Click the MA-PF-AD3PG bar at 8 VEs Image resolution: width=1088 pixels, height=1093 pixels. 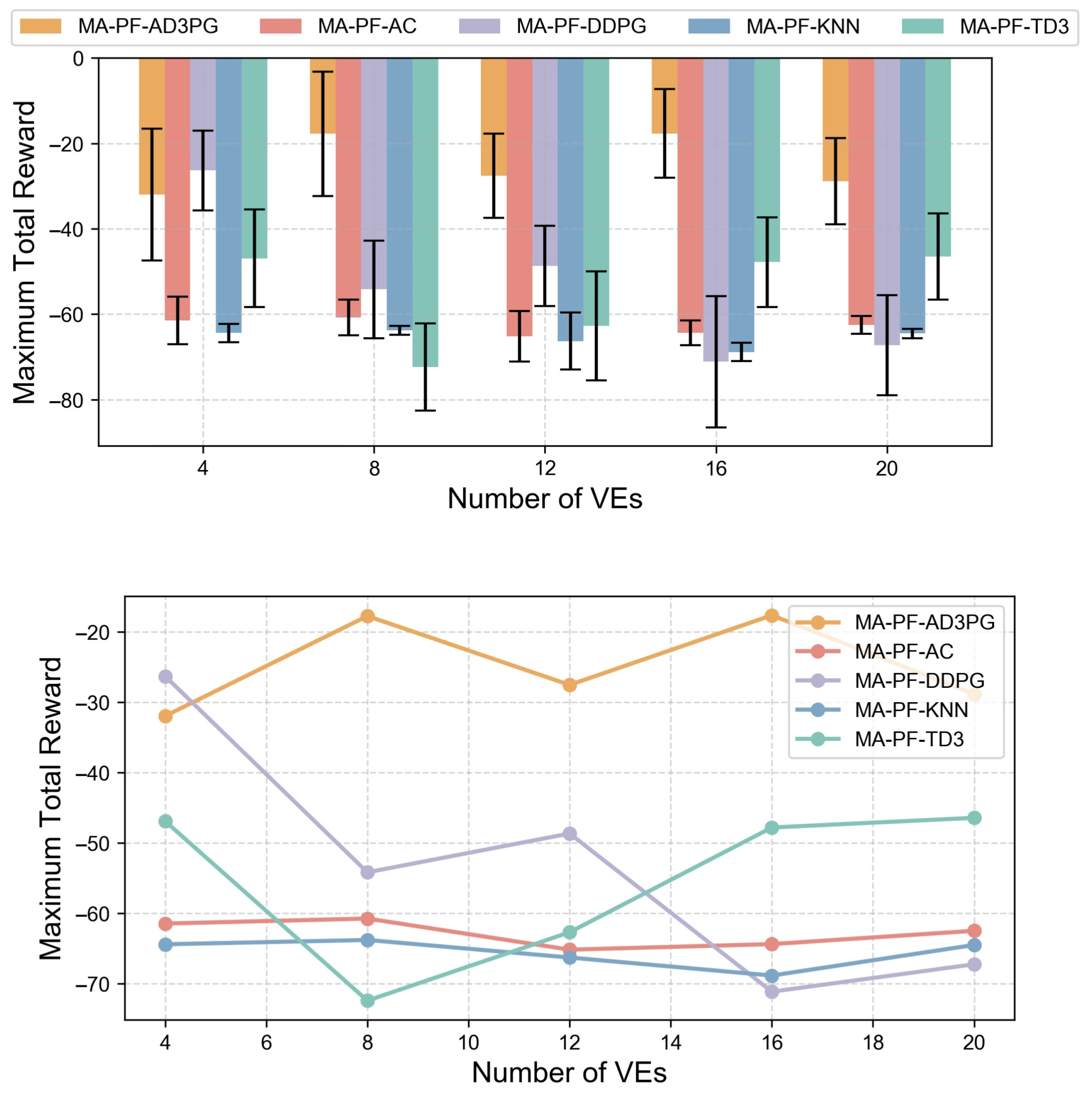322,96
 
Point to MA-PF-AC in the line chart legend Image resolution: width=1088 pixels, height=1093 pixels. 904,652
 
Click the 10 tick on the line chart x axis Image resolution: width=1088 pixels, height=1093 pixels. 469,1043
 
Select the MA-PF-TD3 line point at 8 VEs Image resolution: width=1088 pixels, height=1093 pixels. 368,1001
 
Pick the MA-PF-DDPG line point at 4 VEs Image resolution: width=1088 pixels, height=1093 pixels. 165,677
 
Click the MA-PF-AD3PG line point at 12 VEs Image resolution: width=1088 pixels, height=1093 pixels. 570,685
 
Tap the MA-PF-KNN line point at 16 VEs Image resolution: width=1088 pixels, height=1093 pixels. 772,976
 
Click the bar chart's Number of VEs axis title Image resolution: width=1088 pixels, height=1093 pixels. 545,499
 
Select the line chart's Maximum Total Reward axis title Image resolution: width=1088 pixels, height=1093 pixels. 51,809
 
